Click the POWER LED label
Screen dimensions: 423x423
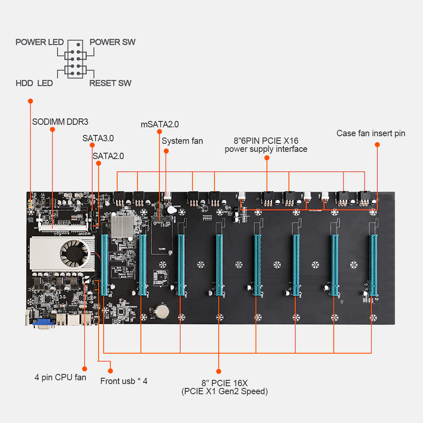39,42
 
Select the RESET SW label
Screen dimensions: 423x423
110,83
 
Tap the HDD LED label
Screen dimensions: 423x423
34,83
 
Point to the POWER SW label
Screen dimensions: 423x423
113,42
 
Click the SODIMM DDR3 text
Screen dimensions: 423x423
60,122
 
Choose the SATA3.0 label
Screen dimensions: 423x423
98,138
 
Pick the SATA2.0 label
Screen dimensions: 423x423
108,156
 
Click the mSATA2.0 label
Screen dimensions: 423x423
159,124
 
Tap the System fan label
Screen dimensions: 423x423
182,141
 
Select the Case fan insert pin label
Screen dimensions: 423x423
371,133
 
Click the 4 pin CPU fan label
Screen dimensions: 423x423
60,377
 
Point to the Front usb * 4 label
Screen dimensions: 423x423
124,381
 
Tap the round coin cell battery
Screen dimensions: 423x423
162,311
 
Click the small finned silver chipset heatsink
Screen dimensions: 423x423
122,225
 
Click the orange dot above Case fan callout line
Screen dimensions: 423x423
377,145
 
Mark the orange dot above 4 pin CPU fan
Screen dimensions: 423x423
84,368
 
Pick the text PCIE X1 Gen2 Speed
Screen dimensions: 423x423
225,391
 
